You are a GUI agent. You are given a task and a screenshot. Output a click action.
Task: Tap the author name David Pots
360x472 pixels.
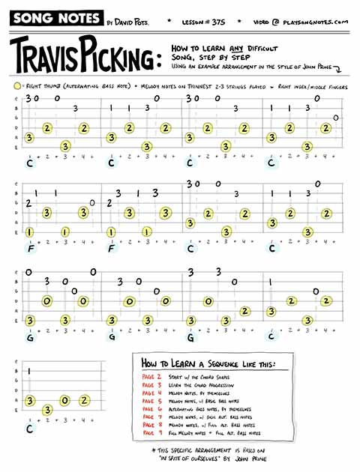click(132, 22)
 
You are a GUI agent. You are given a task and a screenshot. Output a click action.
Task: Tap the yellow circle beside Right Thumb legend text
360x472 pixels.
click(16, 87)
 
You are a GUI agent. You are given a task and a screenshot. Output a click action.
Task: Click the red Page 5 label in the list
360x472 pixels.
click(151, 401)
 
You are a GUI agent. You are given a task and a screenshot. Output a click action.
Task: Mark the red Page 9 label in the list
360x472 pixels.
click(151, 434)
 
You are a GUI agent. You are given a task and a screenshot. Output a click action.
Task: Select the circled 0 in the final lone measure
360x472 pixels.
click(65, 399)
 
